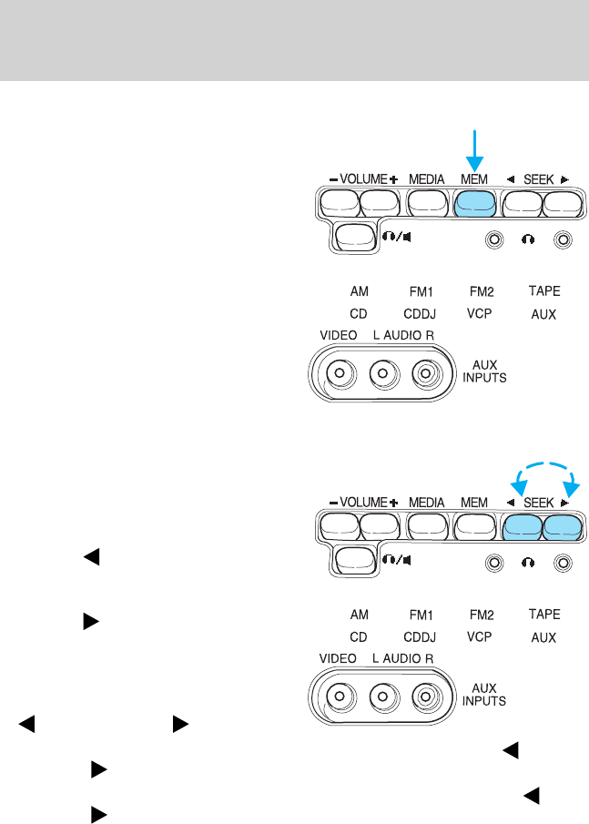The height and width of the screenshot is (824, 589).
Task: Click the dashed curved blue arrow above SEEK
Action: point(543,471)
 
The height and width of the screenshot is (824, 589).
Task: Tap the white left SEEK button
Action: point(522,203)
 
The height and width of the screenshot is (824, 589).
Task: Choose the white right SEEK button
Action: point(561,203)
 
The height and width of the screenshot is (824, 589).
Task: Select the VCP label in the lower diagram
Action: point(479,636)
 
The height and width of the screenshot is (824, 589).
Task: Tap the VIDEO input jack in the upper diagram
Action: point(340,373)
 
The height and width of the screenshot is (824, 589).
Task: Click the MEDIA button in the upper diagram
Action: point(427,203)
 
